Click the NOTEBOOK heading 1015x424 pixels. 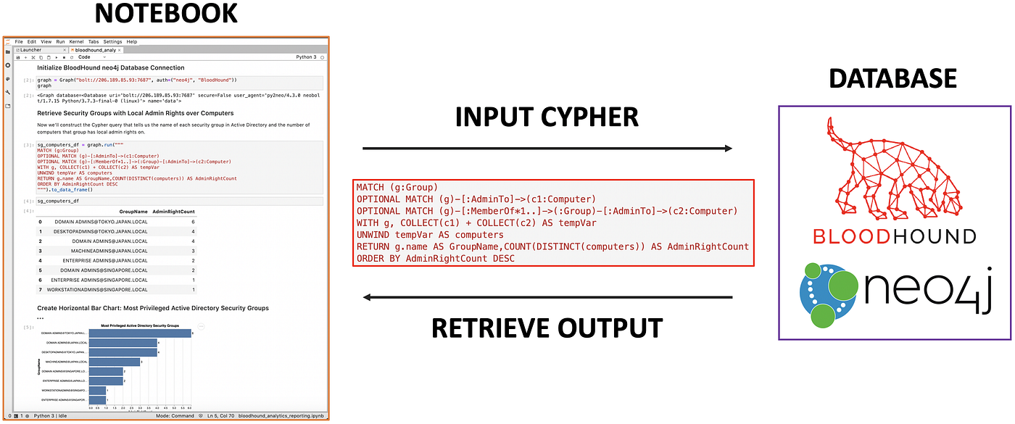(x=165, y=14)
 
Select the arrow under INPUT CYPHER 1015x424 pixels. (x=547, y=149)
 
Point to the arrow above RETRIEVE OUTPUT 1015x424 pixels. (x=547, y=297)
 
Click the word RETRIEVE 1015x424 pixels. (x=494, y=328)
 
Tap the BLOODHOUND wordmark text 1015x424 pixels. (x=894, y=236)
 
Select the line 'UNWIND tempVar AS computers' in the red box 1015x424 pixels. (x=430, y=235)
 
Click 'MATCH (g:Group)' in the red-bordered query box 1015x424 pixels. (x=397, y=187)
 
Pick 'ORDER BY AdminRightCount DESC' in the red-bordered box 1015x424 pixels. (x=436, y=259)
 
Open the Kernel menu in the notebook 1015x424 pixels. (x=77, y=42)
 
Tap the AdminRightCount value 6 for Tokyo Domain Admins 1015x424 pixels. (x=193, y=222)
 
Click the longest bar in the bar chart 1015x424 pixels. (x=140, y=333)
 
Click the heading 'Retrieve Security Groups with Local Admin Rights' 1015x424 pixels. (x=135, y=113)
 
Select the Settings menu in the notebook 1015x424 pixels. (x=112, y=42)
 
